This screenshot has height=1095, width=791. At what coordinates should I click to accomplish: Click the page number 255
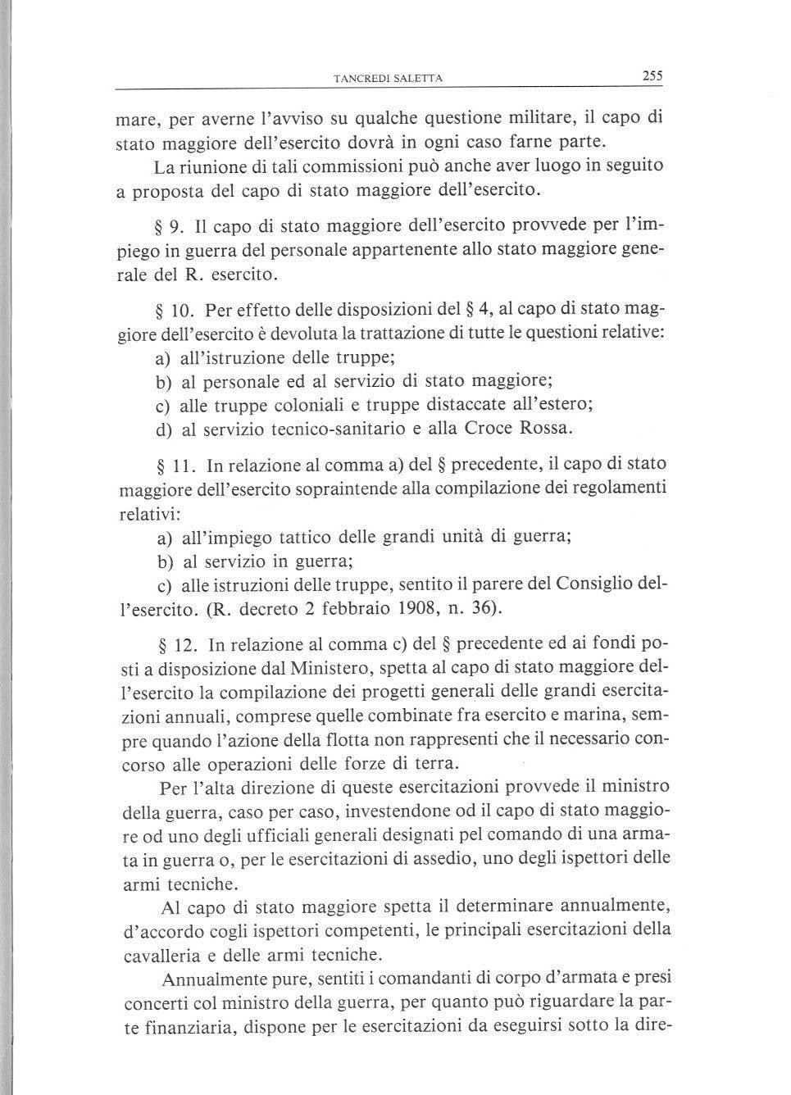pos(652,76)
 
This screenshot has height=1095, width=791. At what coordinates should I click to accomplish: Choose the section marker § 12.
pos(174,646)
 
